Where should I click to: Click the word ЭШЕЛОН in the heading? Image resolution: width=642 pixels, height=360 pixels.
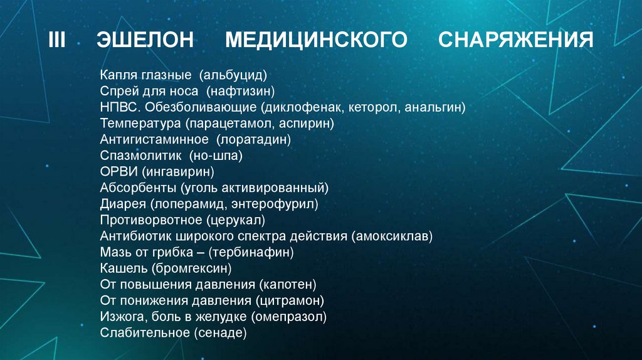146,41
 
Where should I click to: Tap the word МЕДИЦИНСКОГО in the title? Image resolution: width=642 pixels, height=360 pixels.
317,41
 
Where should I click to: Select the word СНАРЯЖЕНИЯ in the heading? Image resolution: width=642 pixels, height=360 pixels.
516,41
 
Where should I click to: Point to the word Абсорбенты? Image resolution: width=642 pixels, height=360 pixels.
137,188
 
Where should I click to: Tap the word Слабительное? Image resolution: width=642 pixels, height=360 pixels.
145,334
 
